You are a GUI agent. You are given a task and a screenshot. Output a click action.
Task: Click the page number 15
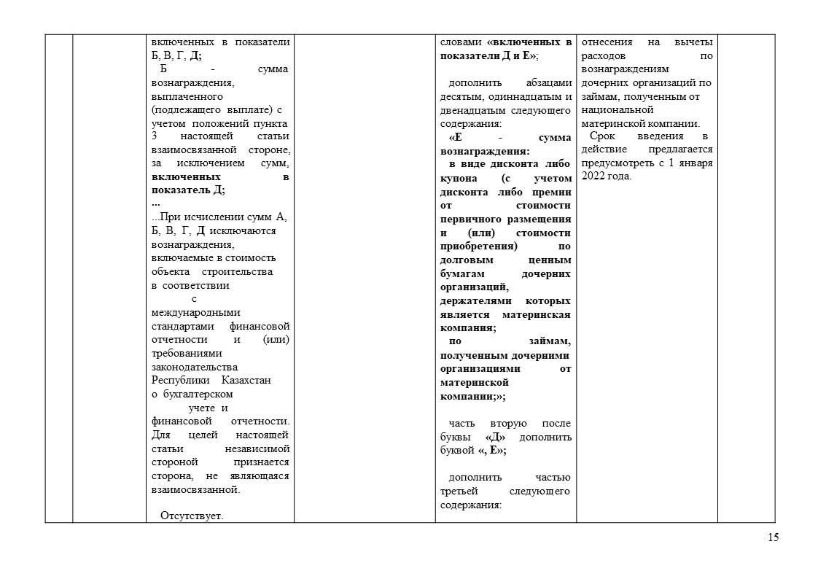pos(773,537)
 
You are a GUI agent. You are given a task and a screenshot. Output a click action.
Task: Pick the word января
pos(695,163)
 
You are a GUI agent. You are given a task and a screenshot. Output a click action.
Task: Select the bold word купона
pos(459,178)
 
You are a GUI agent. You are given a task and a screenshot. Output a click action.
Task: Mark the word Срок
pos(602,136)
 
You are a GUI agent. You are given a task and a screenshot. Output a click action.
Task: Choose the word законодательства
pos(195,367)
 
